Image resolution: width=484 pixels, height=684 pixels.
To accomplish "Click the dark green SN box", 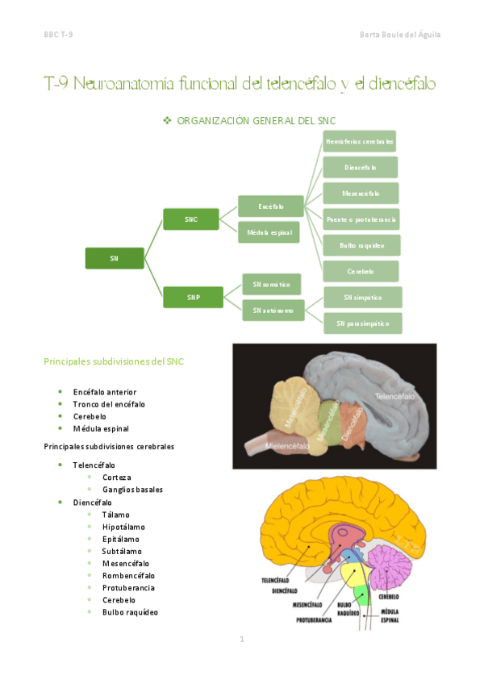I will point(115,257).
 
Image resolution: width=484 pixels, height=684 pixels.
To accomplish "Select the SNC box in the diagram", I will point(190,219).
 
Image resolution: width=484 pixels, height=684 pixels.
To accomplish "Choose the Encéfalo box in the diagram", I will point(270,206).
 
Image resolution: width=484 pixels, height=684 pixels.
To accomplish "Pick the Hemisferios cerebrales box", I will point(359,141).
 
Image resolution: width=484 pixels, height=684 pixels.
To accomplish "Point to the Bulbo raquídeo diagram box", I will point(361,244).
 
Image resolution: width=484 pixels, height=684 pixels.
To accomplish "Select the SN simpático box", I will point(362,297).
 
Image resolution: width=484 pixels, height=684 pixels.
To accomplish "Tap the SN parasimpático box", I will point(362,323).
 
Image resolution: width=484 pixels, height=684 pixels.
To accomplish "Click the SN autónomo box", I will point(272,310).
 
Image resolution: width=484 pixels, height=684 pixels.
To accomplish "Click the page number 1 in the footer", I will point(241,640).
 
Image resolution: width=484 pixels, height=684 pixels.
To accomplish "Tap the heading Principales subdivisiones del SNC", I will point(113,361).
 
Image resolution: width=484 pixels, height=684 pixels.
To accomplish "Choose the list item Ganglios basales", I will point(132,490).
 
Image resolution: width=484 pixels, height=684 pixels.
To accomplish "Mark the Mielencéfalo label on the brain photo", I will point(272,443).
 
